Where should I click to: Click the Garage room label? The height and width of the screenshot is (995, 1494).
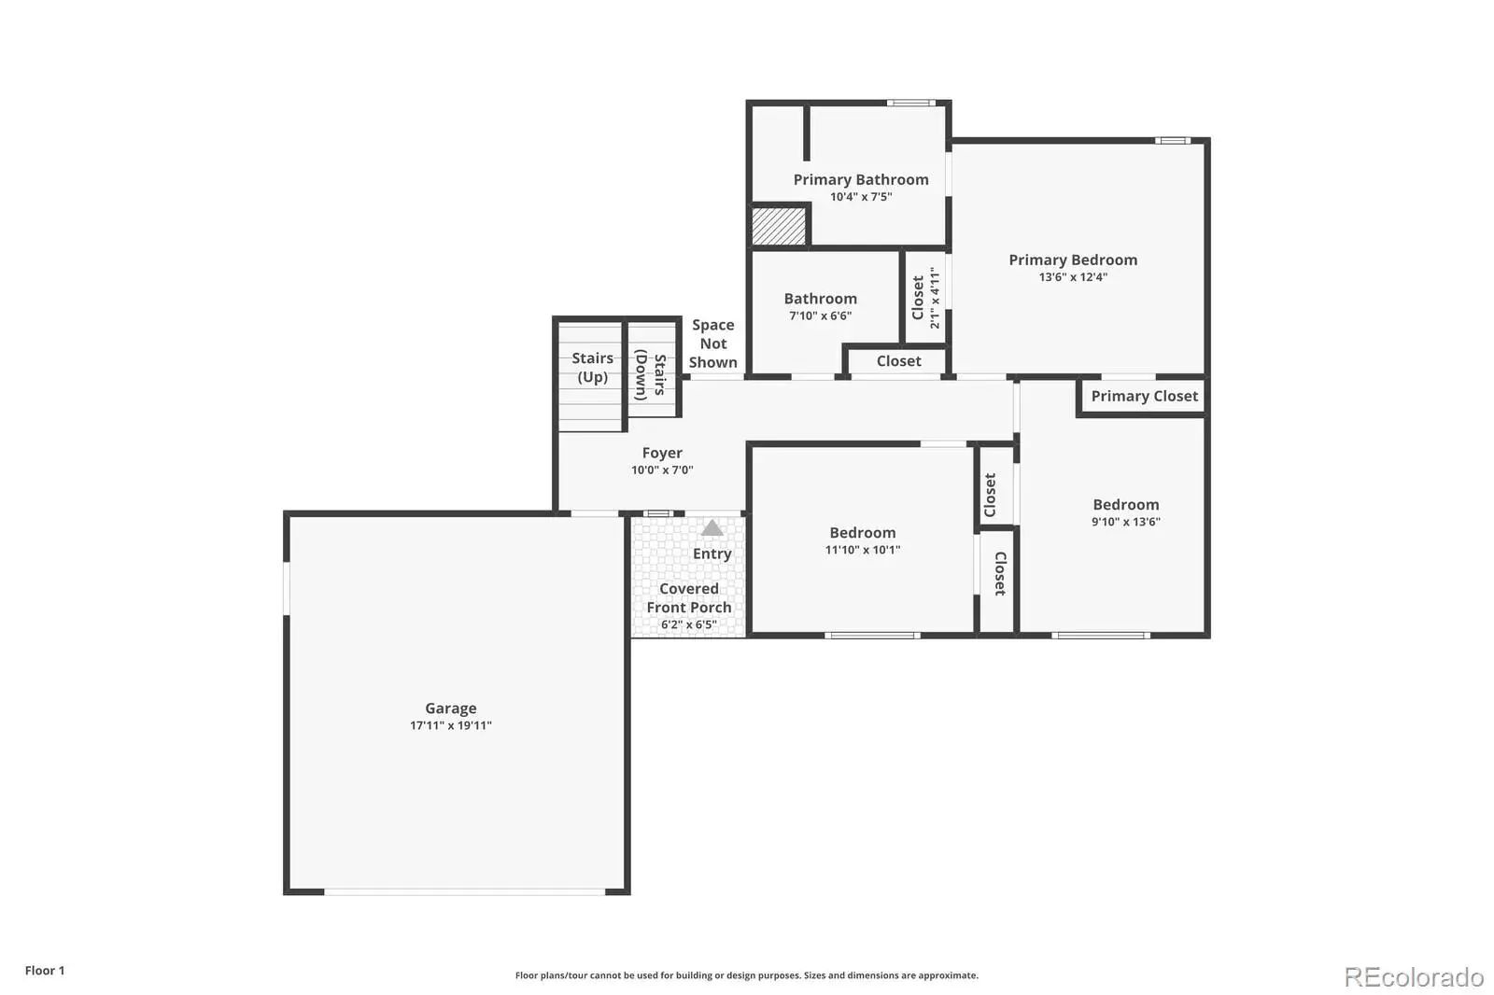tap(451, 708)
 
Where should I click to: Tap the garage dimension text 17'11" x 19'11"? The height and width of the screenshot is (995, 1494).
tap(451, 725)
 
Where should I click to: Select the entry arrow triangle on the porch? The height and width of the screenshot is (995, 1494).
tap(712, 527)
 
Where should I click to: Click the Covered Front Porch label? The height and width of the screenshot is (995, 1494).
tap(689, 598)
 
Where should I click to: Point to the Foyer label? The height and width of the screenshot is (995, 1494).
tap(662, 453)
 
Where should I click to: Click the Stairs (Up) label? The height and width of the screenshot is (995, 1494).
tap(592, 368)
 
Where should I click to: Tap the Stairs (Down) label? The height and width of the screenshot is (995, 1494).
tap(650, 374)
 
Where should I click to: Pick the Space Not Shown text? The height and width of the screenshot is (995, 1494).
tap(713, 343)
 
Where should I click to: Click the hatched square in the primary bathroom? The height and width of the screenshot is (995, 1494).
tap(779, 226)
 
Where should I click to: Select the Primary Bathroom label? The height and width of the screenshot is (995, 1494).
tap(860, 179)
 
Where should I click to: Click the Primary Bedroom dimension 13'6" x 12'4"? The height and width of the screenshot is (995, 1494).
tap(1073, 277)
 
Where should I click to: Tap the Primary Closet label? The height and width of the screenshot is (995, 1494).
tap(1145, 396)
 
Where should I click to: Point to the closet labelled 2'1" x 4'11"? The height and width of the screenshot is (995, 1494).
tap(925, 298)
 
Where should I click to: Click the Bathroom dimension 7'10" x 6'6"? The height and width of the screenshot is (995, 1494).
tap(821, 316)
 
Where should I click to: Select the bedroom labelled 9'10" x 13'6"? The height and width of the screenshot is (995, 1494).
tap(1126, 512)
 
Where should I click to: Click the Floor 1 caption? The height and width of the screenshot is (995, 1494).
tap(45, 971)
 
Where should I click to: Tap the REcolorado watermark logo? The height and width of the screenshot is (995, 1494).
tap(1414, 977)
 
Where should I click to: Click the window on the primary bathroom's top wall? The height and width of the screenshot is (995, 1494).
tap(911, 103)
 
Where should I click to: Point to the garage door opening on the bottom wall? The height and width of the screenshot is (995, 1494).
tap(465, 891)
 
